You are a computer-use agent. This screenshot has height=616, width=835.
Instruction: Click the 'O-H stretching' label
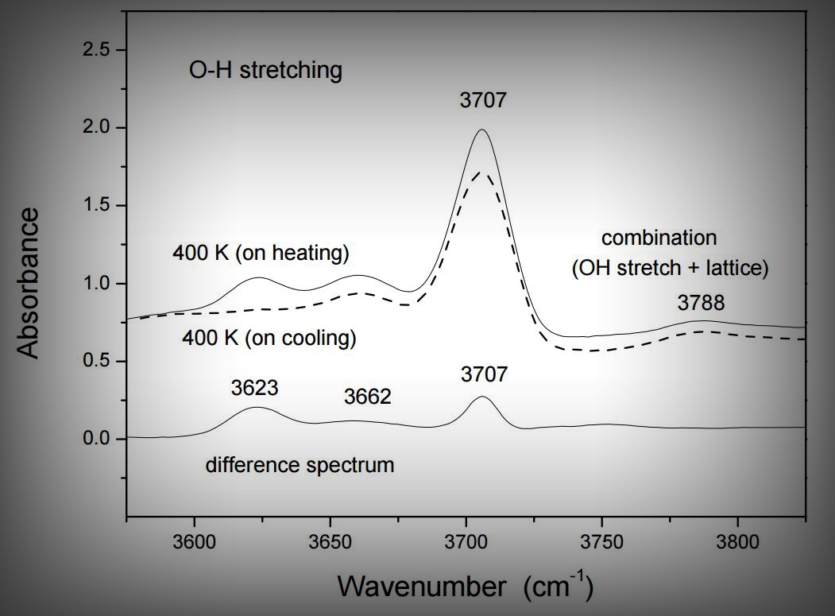(265, 70)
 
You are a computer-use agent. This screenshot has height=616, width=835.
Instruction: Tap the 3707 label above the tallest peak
(482, 100)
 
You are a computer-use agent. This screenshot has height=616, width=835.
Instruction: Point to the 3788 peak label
(701, 302)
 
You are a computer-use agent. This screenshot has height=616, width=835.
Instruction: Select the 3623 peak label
(255, 388)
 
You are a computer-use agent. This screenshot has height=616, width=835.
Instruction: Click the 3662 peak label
(367, 396)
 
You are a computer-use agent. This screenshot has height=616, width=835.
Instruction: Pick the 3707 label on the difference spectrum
(484, 374)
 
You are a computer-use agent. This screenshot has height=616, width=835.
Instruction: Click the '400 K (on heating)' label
(261, 254)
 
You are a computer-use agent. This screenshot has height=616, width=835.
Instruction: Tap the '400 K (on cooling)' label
(269, 338)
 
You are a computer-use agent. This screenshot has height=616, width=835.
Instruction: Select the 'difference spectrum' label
(300, 465)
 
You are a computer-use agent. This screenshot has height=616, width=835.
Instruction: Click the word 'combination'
(659, 238)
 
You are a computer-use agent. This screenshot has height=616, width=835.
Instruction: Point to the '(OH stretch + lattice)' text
(670, 269)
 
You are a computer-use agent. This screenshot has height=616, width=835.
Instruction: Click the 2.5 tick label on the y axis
(99, 50)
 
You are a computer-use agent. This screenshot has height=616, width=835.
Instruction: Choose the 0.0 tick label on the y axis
(99, 440)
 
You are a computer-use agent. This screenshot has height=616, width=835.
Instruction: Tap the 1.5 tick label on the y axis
(99, 206)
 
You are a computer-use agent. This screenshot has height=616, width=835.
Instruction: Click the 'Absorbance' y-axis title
(29, 283)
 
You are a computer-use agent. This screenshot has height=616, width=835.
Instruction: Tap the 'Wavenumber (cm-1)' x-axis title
(465, 587)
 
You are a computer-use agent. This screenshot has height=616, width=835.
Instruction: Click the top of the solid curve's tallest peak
(481, 130)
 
